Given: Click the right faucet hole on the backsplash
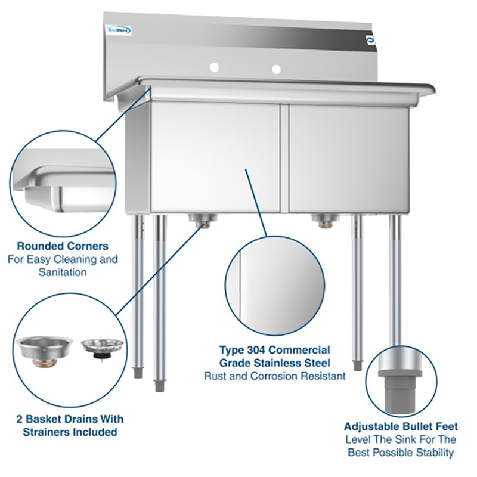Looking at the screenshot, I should tap(276, 70).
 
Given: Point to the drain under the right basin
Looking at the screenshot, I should tap(325, 222).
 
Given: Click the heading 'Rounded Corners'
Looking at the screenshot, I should tap(63, 246).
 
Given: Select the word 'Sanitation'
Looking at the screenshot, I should tap(63, 272).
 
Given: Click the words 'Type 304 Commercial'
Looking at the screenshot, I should tap(274, 350).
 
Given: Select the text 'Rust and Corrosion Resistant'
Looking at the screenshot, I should tap(275, 376).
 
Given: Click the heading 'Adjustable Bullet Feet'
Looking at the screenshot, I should tap(401, 426).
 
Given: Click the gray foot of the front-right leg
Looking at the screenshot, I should tap(357, 363).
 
